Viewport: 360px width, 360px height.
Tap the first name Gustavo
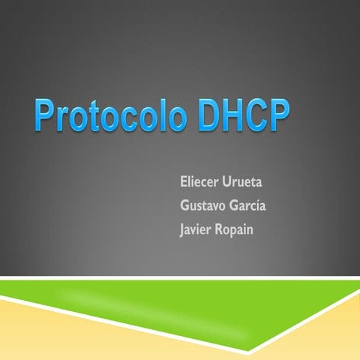204,205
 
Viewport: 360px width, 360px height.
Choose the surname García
250,205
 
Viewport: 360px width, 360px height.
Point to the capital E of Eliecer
184,182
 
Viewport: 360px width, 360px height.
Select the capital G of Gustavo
185,205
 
